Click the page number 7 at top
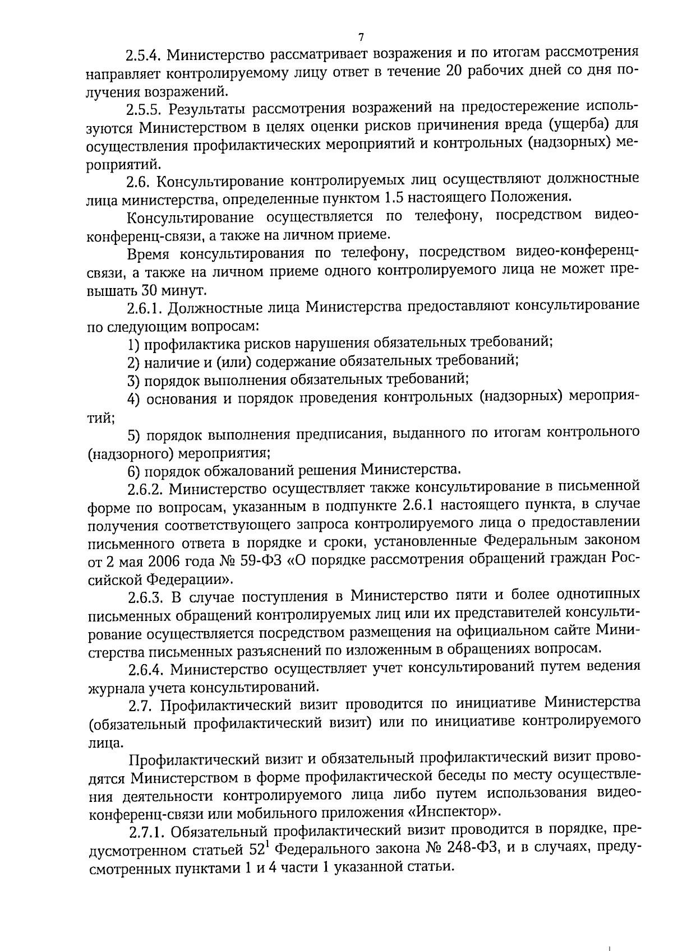pos(361,38)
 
